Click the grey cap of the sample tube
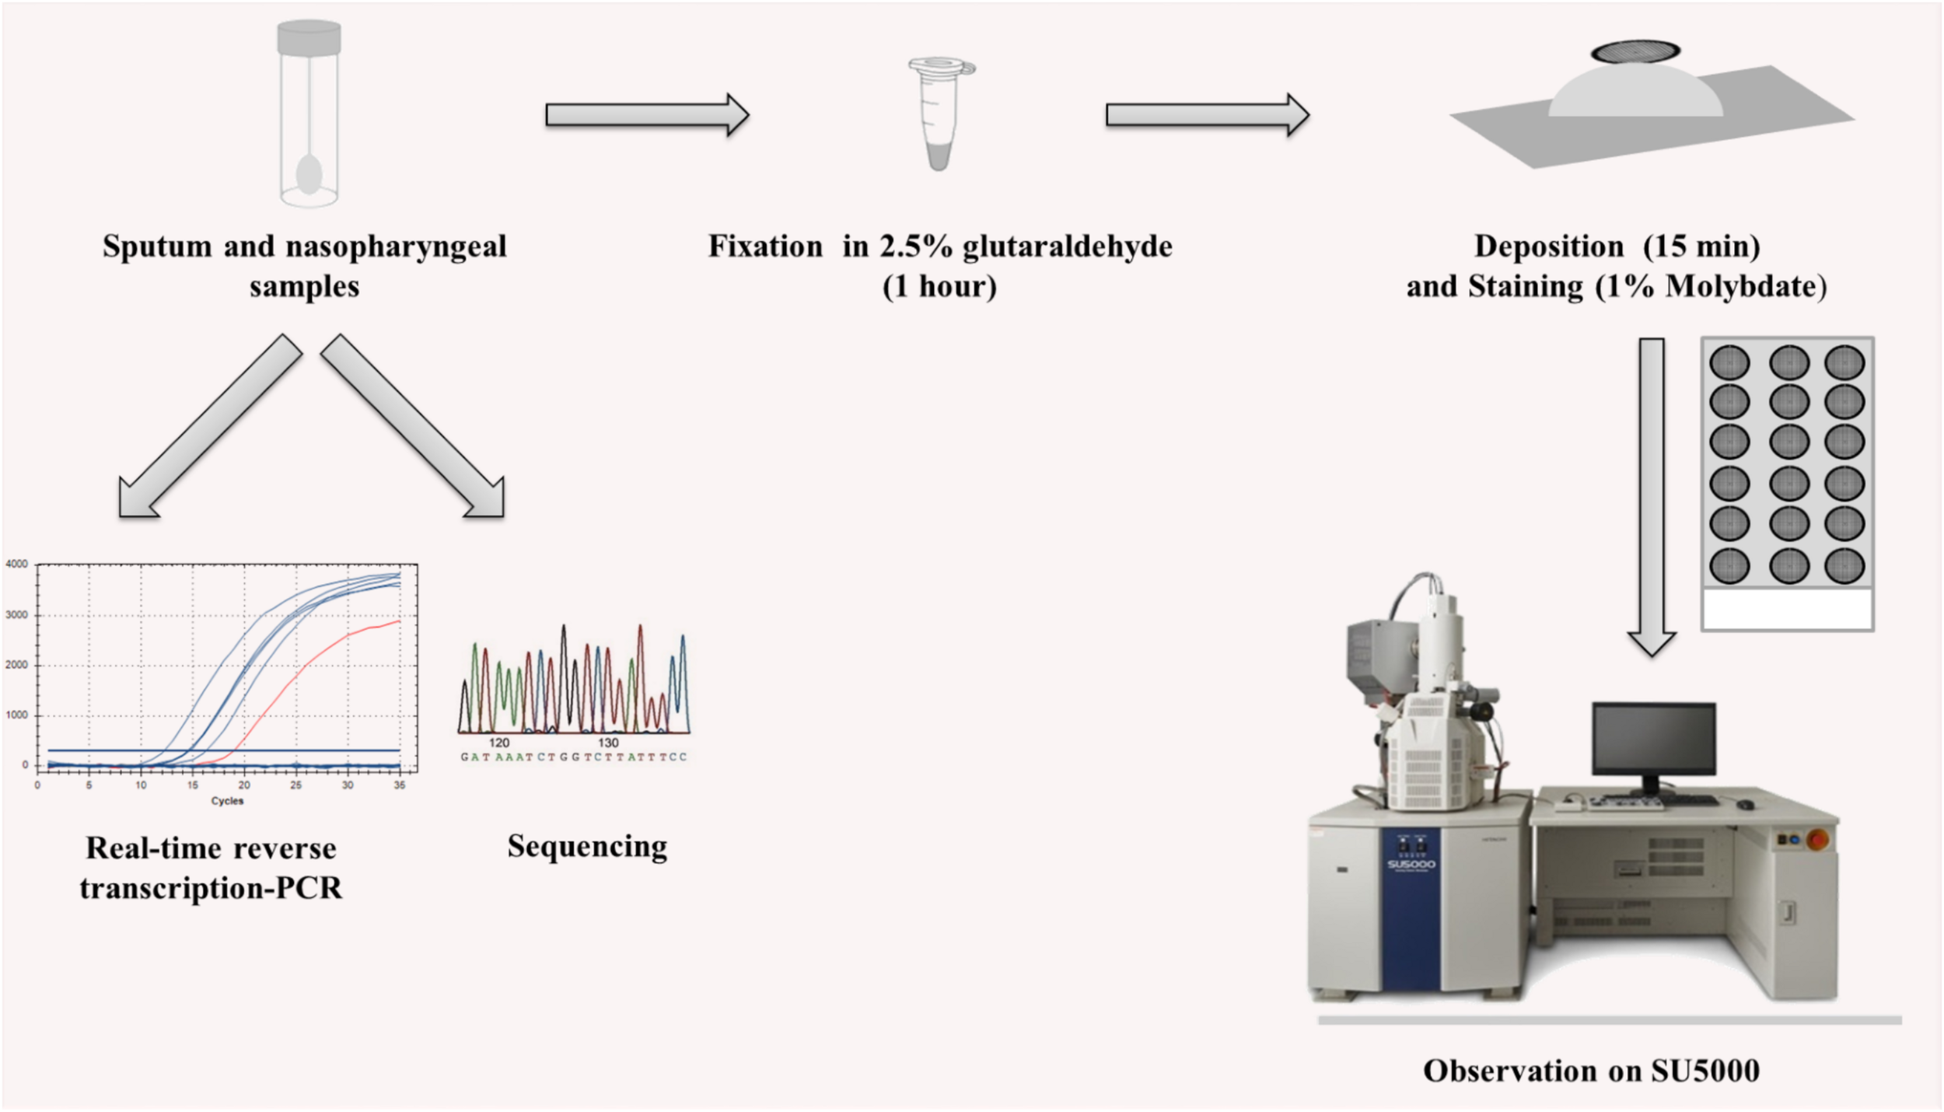point(309,37)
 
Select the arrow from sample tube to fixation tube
point(646,115)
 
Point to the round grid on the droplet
point(1635,52)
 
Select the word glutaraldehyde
point(1067,247)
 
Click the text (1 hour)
point(939,287)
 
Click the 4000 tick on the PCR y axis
point(17,564)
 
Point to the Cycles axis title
point(227,801)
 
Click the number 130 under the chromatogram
point(608,743)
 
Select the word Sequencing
point(587,846)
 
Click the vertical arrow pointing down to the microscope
point(1652,498)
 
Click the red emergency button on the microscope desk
point(1817,840)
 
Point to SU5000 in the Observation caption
point(1705,1072)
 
